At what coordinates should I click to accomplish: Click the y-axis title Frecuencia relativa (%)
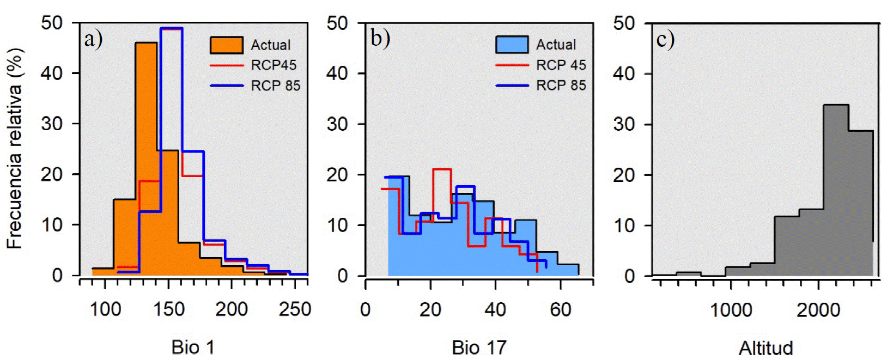coord(15,149)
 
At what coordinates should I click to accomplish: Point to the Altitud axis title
coord(766,347)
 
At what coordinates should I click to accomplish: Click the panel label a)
coord(93,39)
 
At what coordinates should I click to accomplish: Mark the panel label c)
coord(665,39)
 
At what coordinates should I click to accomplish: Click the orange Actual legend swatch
coord(227,45)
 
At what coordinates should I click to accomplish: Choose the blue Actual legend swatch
coord(512,45)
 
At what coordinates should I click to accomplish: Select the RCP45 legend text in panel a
coord(274,65)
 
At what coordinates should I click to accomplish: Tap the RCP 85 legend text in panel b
coord(561,86)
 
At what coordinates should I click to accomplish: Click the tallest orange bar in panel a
coord(146,158)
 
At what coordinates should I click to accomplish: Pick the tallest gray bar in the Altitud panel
coord(836,191)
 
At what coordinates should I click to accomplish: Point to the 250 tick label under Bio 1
coord(295,310)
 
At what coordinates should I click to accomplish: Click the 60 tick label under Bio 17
coord(560,310)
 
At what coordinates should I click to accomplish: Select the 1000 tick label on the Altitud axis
coord(731,310)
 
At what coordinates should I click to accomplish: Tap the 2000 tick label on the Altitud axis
coord(818,310)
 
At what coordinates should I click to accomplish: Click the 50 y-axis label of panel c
coord(624,23)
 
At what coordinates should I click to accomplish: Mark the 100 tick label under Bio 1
coord(105,310)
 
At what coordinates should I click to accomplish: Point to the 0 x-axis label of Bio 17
coord(365,310)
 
